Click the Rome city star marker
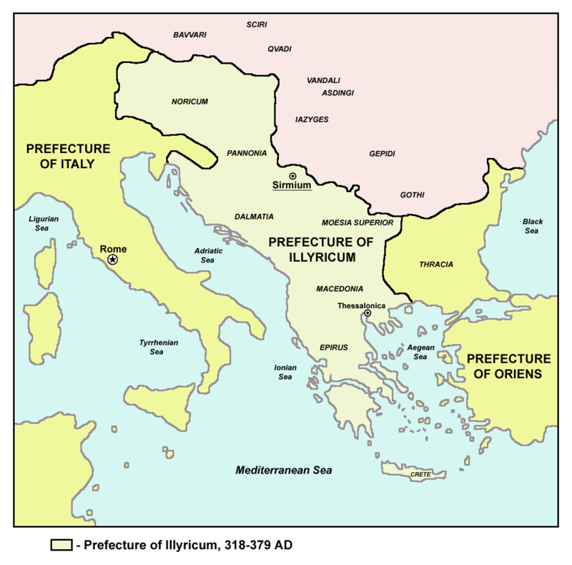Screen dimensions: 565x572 pyautogui.click(x=113, y=260)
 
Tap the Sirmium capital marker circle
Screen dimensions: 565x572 pyautogui.click(x=292, y=176)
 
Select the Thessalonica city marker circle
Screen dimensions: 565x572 pyautogui.click(x=368, y=313)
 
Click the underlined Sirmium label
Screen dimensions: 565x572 pyautogui.click(x=292, y=187)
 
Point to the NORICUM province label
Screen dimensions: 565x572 pyautogui.click(x=189, y=102)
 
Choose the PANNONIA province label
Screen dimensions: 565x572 pyautogui.click(x=247, y=153)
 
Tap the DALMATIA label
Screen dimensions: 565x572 pyautogui.click(x=254, y=216)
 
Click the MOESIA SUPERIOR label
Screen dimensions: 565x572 pyautogui.click(x=357, y=222)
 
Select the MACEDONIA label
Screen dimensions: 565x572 pyautogui.click(x=340, y=289)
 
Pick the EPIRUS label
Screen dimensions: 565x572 pyautogui.click(x=333, y=348)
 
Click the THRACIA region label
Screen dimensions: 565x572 pyautogui.click(x=436, y=265)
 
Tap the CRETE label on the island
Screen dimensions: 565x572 pyautogui.click(x=420, y=474)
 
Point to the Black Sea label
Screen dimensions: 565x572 pyautogui.click(x=533, y=226)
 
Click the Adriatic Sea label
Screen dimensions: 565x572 pyautogui.click(x=209, y=256)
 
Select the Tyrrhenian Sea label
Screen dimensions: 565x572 pyautogui.click(x=159, y=348)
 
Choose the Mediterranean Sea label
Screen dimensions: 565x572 pyautogui.click(x=285, y=471)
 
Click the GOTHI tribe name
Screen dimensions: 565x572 pyautogui.click(x=413, y=195)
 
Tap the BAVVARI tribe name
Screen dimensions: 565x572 pyautogui.click(x=189, y=34)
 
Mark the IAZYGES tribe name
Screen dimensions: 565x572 pyautogui.click(x=312, y=119)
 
